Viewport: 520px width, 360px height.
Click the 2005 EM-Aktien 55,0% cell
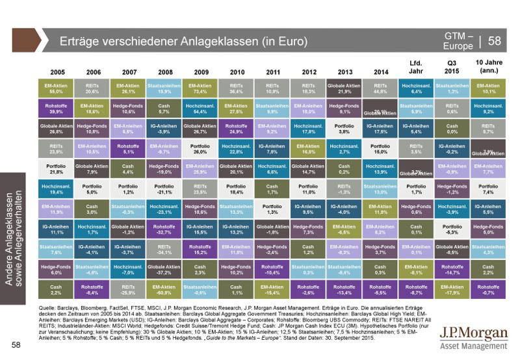tap(57, 89)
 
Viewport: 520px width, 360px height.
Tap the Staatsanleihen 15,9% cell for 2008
tap(165, 89)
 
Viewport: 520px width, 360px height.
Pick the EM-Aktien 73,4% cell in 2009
tap(201, 89)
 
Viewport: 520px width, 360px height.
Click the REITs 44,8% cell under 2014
tap(382, 89)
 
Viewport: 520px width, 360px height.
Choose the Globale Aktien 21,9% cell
tap(345, 89)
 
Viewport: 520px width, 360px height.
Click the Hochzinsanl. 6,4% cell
tap(417, 89)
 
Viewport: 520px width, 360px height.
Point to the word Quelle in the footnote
tap(47, 306)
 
